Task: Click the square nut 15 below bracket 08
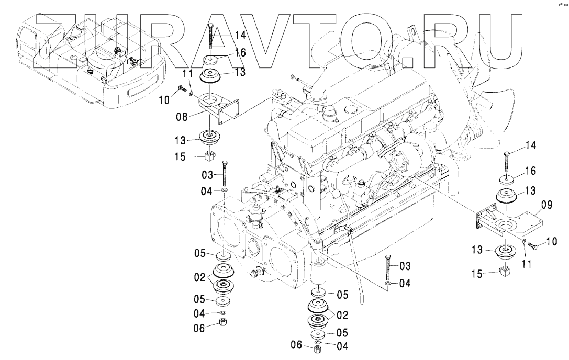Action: point(210,155)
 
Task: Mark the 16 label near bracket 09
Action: point(530,171)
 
